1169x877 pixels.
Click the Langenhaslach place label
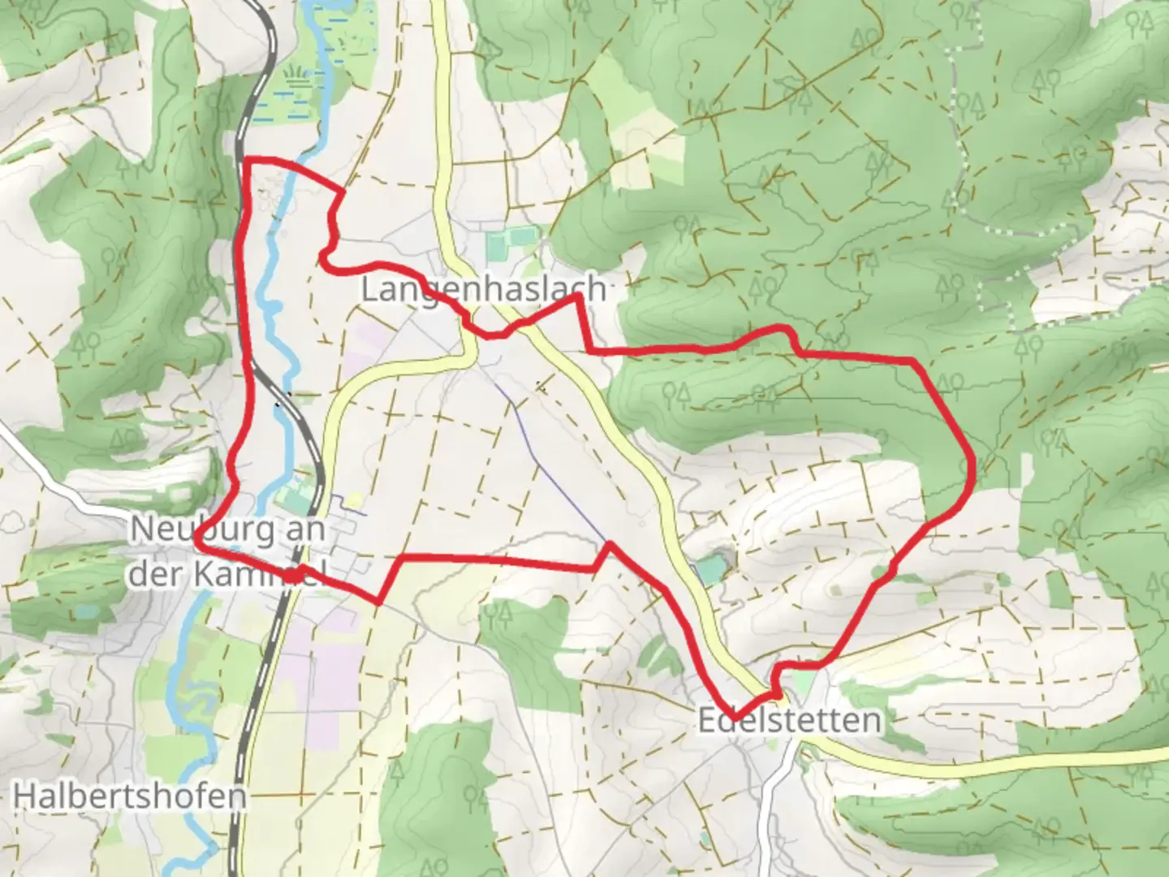(482, 288)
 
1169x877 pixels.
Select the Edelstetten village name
(789, 720)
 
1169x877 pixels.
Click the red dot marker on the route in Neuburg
(290, 574)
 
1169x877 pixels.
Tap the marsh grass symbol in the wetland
(298, 77)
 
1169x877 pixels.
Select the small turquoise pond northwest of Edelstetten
(708, 569)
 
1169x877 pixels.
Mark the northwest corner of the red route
(247, 160)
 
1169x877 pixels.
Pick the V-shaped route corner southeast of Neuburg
(379, 601)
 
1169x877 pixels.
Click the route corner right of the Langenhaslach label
(579, 297)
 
